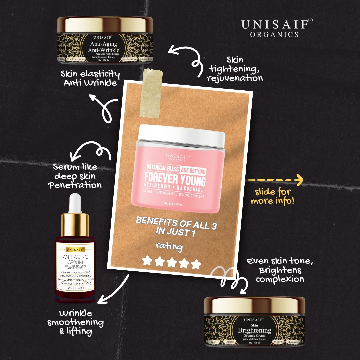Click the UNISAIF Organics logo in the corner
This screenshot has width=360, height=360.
277,27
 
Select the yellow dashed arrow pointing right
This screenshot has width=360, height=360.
275,180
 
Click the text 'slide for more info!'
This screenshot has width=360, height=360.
273,197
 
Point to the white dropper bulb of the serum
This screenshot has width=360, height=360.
76,203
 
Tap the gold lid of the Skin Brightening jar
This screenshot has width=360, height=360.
254,304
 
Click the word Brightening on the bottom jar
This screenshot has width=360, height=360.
254,331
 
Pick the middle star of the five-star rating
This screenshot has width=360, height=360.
172,262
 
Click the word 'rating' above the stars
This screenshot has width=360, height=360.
169,247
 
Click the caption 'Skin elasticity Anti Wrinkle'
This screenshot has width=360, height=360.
90,78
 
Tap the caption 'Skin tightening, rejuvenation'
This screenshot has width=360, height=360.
235,69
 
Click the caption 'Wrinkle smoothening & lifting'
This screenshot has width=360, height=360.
75,322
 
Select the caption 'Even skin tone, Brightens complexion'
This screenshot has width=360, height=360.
280,270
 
